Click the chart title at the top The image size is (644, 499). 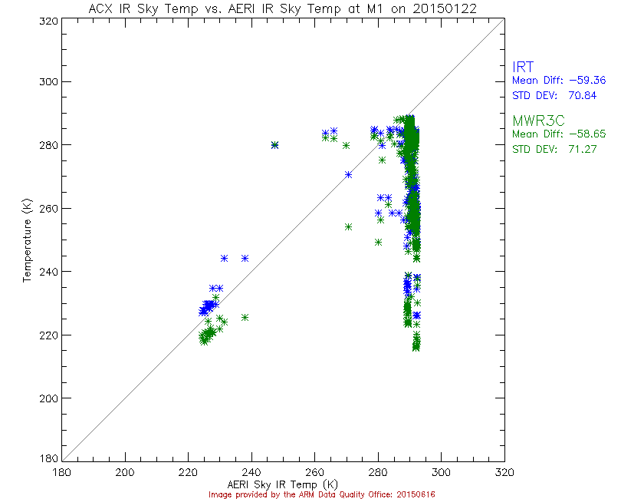281,8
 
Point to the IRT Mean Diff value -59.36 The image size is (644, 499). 580,81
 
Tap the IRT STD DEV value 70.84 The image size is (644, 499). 580,95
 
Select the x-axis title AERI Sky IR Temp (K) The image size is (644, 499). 282,484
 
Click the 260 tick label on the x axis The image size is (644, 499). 314,472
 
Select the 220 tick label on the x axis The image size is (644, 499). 188,472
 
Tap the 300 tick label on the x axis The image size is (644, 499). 440,472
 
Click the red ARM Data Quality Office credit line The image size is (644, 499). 323,494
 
